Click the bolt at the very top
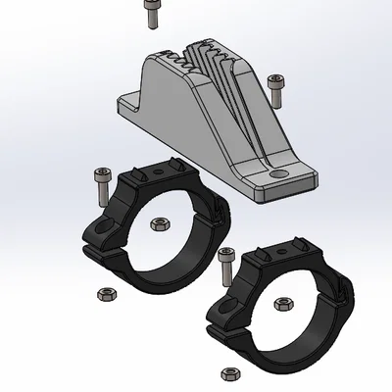pyautogui.click(x=151, y=14)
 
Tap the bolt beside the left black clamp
pyautogui.click(x=99, y=184)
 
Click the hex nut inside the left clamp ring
pyautogui.click(x=159, y=224)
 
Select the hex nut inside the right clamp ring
pyautogui.click(x=285, y=303)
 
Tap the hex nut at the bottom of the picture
pyautogui.click(x=231, y=373)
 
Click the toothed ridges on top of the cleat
pyautogui.click(x=211, y=59)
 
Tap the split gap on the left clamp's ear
pyautogui.click(x=94, y=249)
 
